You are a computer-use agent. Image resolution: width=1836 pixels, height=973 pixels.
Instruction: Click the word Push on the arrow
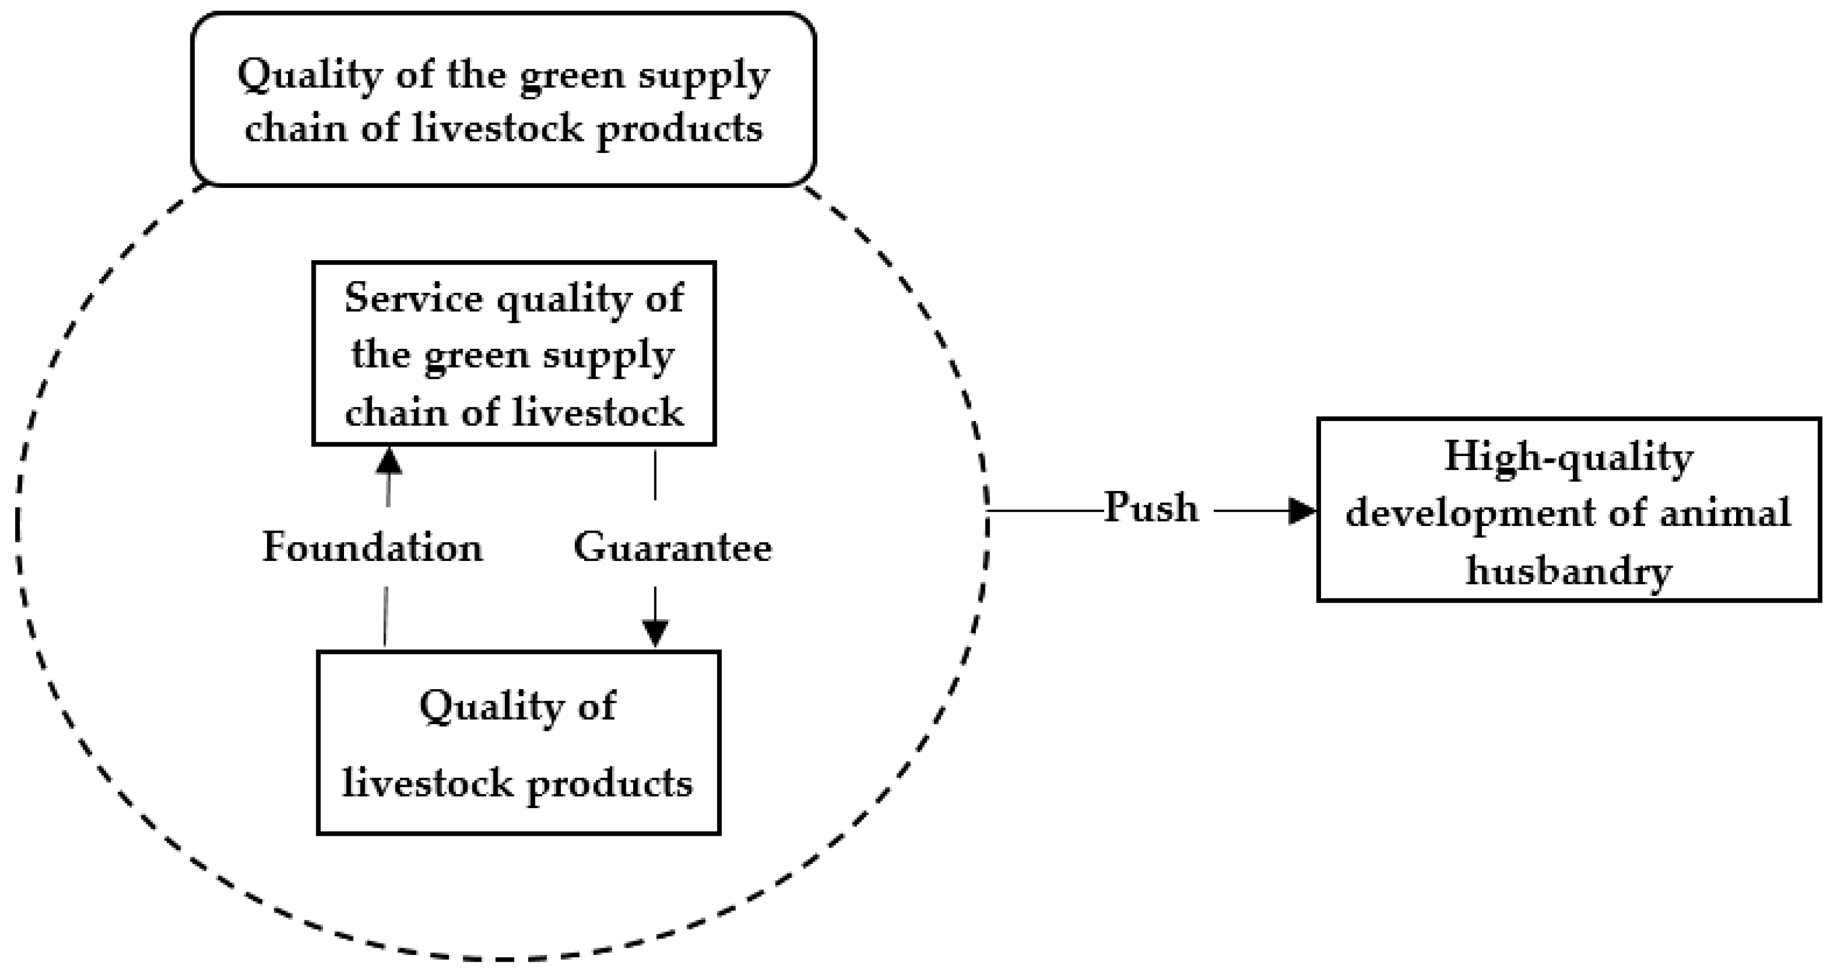1150,508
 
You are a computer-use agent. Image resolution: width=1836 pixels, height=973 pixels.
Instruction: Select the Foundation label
373,548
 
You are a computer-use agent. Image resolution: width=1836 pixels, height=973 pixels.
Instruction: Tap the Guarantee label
672,548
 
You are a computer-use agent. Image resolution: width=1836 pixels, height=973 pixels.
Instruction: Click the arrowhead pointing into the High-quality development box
1302,511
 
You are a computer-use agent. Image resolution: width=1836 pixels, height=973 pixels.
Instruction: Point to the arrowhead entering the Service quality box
389,461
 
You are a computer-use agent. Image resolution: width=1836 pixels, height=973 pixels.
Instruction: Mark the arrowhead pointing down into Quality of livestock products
655,633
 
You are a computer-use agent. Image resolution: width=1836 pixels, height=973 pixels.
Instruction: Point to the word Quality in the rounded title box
308,76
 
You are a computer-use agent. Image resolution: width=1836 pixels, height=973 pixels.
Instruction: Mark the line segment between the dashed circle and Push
1045,511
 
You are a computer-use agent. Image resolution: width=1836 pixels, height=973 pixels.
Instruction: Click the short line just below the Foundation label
386,616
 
